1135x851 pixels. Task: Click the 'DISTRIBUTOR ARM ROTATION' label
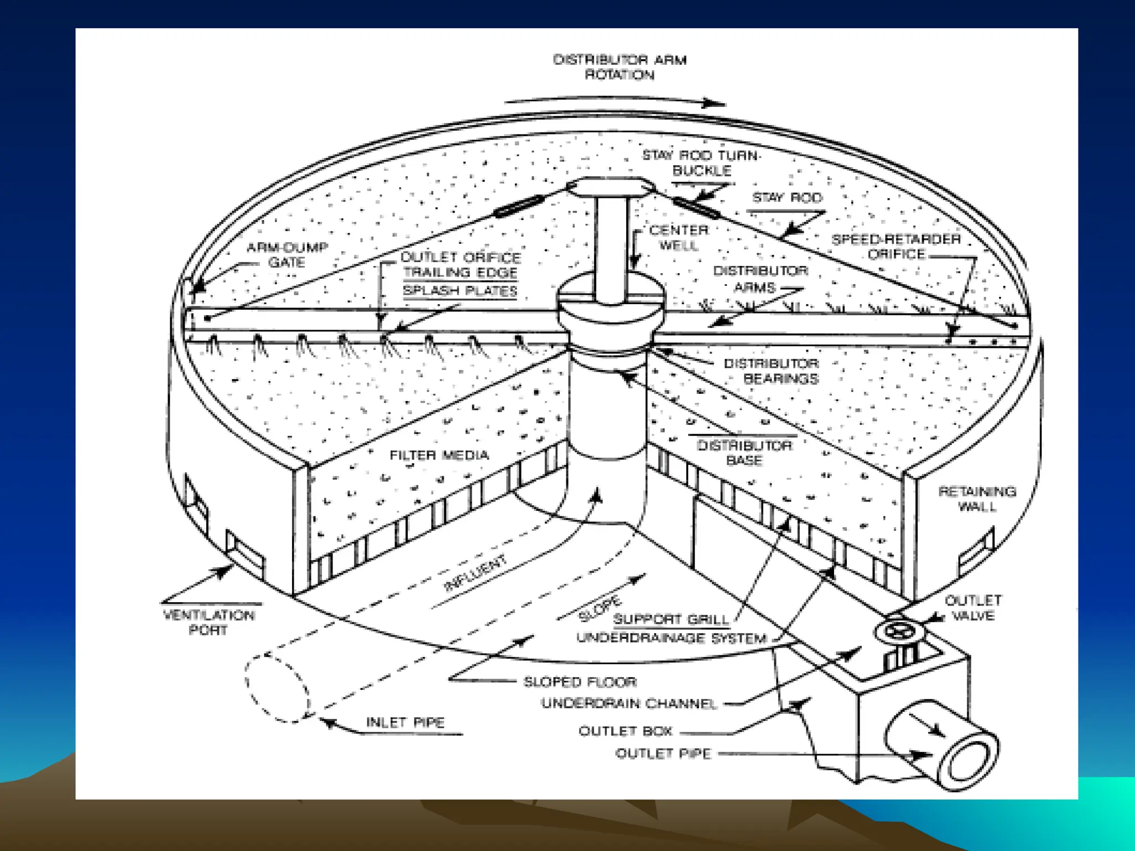pos(620,67)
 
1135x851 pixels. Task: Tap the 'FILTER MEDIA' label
pos(439,455)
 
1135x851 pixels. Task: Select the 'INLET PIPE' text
pos(405,722)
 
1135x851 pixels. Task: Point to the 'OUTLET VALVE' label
pos(973,608)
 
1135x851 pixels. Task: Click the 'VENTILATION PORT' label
pos(209,623)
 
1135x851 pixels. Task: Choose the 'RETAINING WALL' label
pos(977,499)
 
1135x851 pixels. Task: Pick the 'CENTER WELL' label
pos(679,238)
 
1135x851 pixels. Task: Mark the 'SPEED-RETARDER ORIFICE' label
pos(896,247)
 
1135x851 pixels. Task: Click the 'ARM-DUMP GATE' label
pos(287,255)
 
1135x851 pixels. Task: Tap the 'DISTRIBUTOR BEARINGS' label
pos(771,371)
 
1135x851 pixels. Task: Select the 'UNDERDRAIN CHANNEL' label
pos(630,704)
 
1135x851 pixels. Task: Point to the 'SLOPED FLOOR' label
pos(580,682)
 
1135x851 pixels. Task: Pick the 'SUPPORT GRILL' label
pos(671,619)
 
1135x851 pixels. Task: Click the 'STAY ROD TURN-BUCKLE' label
pos(702,163)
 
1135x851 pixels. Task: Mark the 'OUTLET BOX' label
pos(626,731)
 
